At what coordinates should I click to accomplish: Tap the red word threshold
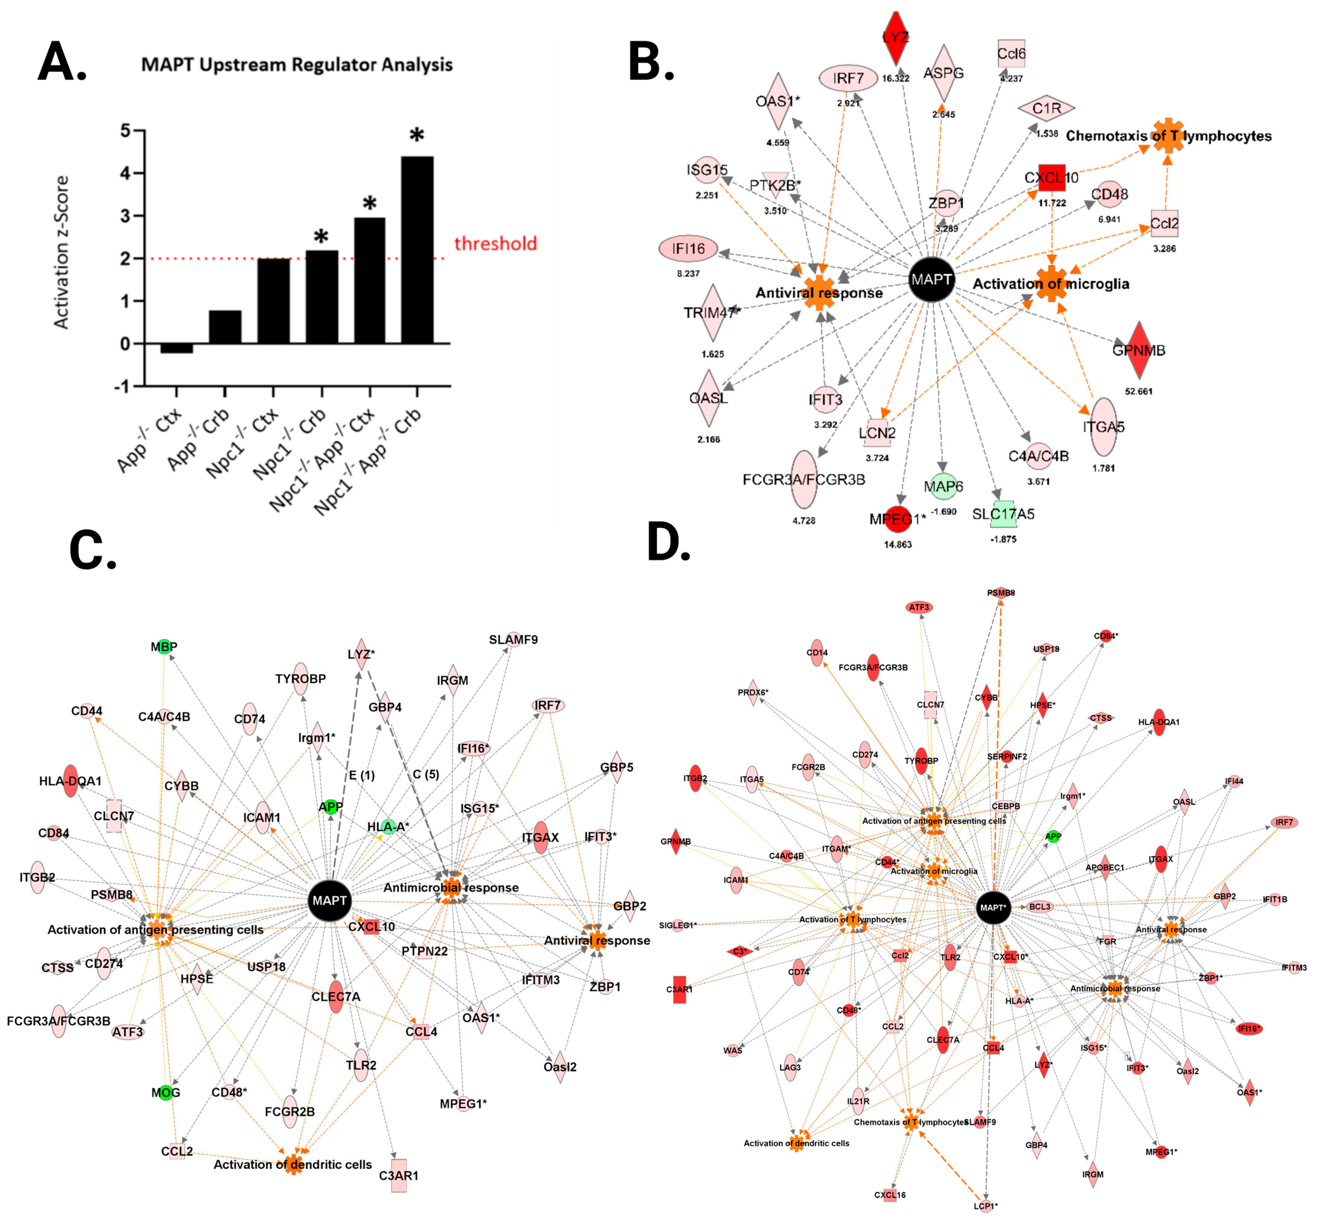click(x=495, y=244)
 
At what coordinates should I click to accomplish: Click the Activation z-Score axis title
click(x=62, y=252)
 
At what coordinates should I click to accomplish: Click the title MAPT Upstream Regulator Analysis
click(x=297, y=65)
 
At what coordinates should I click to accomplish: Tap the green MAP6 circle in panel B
click(x=943, y=487)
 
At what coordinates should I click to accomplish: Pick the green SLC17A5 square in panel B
click(x=1003, y=514)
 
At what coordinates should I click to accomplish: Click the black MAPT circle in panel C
click(x=329, y=901)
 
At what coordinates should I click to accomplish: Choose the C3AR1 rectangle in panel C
click(x=399, y=1175)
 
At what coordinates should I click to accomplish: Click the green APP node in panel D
click(x=1053, y=836)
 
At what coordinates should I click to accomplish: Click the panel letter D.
click(x=668, y=542)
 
